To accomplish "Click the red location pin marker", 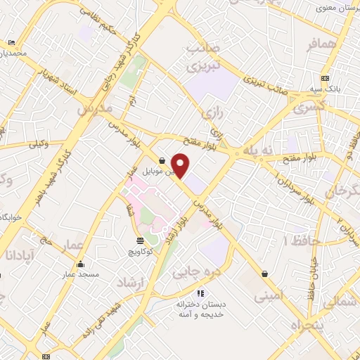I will (x=181, y=165).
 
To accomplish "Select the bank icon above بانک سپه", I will (x=325, y=78).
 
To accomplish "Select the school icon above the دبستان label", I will (x=200, y=293).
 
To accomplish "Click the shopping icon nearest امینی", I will (x=264, y=274).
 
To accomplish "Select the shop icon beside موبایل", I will (x=162, y=160).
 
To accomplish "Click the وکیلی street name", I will (x=38, y=145).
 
